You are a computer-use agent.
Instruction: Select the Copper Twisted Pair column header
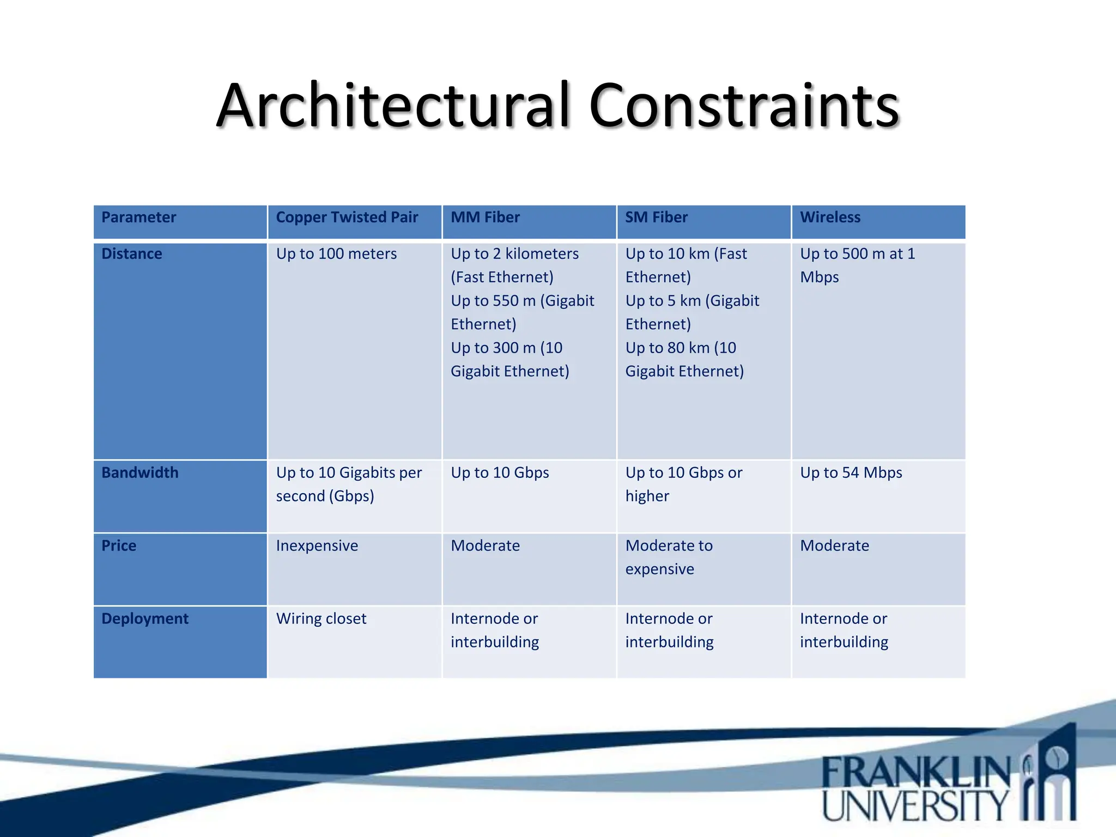point(347,217)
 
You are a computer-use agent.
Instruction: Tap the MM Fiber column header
point(485,217)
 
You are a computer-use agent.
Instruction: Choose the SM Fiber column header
point(656,217)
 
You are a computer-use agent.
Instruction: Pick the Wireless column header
point(830,217)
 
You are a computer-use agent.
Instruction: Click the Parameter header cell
point(138,217)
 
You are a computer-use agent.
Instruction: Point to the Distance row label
point(131,254)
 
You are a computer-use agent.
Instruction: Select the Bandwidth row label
point(139,472)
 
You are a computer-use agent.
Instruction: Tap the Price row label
point(119,545)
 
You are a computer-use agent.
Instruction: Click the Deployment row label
point(144,618)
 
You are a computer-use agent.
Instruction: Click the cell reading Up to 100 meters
point(336,254)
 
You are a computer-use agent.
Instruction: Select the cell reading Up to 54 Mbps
point(851,472)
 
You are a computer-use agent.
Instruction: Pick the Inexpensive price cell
point(317,545)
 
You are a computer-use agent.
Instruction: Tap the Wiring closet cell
point(321,618)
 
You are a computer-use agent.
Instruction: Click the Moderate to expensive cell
point(669,557)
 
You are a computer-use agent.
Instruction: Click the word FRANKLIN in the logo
point(915,773)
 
